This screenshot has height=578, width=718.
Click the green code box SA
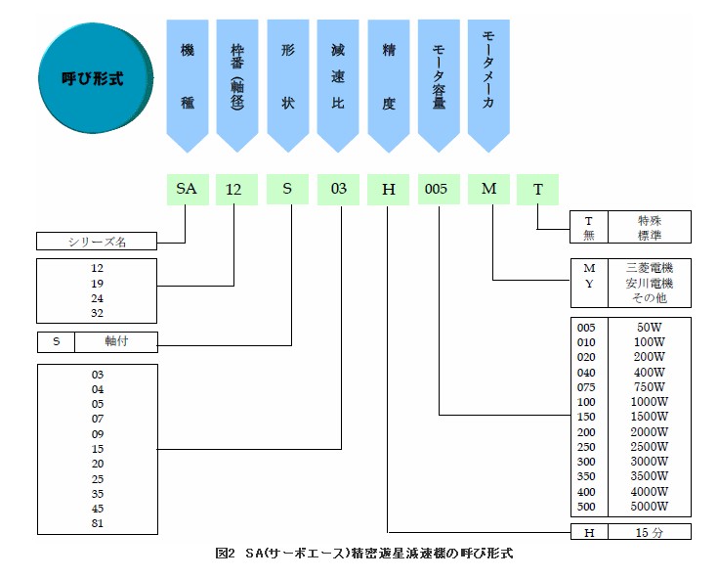[186, 189]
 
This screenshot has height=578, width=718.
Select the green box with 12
[233, 189]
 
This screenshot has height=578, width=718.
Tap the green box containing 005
[437, 189]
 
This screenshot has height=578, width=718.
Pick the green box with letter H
[388, 189]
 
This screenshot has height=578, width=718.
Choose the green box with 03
[338, 189]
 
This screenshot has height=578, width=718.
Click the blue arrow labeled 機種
[187, 78]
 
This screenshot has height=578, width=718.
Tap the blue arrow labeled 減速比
[338, 78]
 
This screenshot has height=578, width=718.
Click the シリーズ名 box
[96, 241]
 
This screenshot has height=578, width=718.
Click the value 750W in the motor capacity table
[649, 387]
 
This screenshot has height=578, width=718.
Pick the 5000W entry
[649, 507]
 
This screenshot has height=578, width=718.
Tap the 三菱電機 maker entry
[649, 267]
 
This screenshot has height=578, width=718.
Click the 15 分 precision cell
[649, 532]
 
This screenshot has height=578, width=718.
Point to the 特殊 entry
[649, 220]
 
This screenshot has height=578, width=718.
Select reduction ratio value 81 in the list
[96, 522]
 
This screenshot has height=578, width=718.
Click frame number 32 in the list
[96, 313]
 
